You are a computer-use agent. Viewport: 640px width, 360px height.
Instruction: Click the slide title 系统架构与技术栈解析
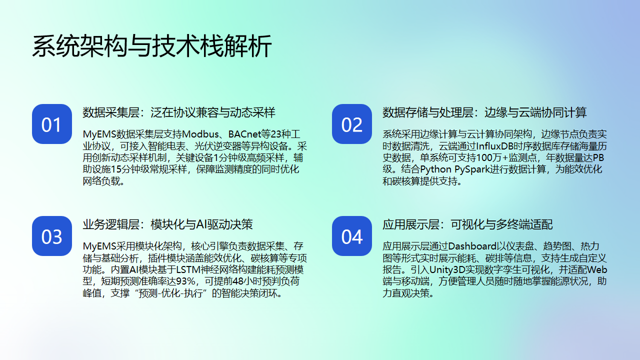tap(151, 46)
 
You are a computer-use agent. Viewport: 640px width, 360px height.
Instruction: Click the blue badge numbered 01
tap(51, 125)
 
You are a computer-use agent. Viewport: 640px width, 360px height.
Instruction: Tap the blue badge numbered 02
tap(352, 125)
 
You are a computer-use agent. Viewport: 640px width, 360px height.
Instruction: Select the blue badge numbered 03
tap(51, 237)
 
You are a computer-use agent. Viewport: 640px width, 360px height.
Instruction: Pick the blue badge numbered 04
tap(352, 237)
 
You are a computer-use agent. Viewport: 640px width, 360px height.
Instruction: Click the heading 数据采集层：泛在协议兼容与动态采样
tap(179, 112)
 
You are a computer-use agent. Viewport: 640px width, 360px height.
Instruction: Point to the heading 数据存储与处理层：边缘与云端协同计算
tap(485, 112)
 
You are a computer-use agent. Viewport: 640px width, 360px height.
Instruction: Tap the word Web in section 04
tap(594, 269)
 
